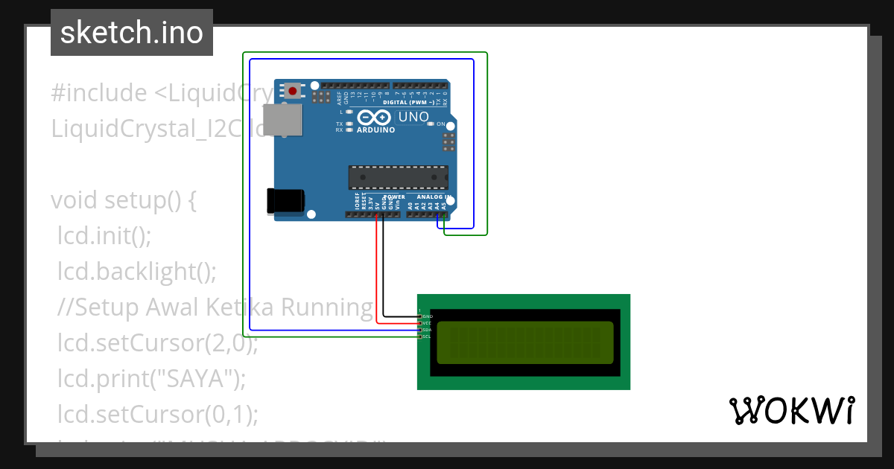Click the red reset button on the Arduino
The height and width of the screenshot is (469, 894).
pos(293,92)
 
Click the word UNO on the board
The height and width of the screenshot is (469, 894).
pos(413,117)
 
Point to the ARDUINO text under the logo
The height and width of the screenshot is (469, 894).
pos(376,130)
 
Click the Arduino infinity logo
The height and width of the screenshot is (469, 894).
pos(375,118)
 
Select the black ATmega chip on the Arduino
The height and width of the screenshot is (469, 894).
pos(399,177)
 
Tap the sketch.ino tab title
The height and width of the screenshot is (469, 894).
pos(132,33)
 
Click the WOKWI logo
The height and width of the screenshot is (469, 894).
pos(791,410)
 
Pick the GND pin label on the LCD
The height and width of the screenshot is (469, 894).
pos(427,316)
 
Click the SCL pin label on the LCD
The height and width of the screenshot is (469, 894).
pos(427,336)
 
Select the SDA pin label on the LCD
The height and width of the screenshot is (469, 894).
pos(427,330)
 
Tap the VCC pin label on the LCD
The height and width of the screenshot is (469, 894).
pos(427,323)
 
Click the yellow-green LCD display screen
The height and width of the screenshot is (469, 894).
pos(524,342)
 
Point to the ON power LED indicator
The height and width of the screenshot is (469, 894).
pos(440,124)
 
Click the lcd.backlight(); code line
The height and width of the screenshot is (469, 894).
pos(137,272)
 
